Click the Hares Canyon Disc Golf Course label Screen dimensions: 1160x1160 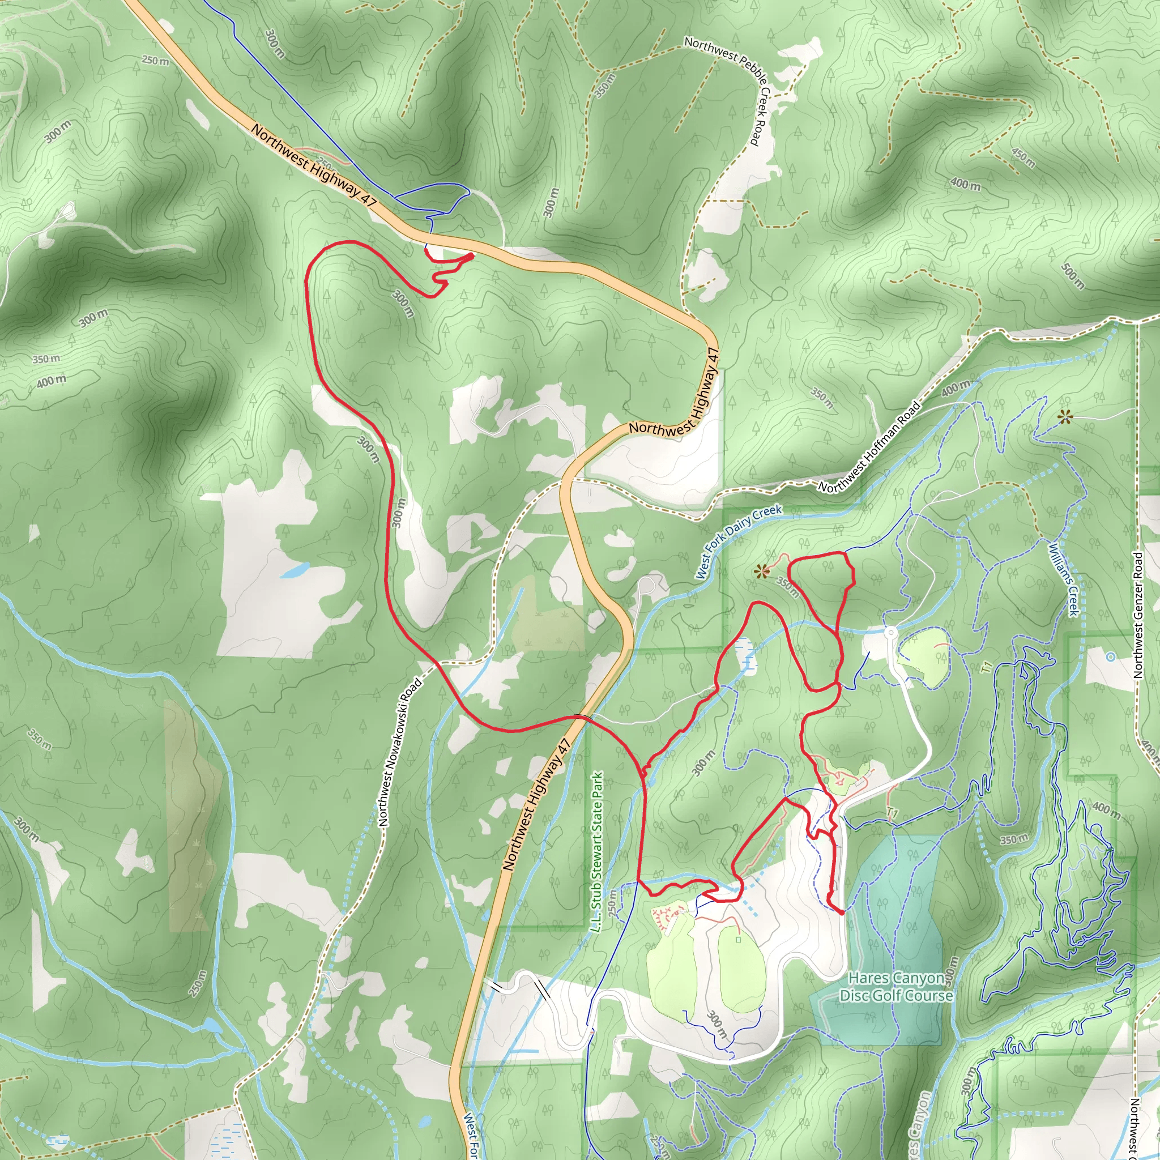click(x=896, y=987)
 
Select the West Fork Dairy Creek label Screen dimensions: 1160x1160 click(x=739, y=541)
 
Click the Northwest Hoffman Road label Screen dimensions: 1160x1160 click(x=869, y=447)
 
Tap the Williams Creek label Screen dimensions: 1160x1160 click(x=1063, y=579)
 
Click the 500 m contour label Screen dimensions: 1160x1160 click(x=1072, y=277)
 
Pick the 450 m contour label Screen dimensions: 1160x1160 click(x=1023, y=158)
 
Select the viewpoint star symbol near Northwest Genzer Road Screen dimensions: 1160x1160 click(x=1065, y=417)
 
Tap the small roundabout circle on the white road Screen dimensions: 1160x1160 click(x=890, y=632)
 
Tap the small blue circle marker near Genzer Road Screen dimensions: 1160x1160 click(x=1110, y=657)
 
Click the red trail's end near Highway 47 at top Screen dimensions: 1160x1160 click(x=472, y=257)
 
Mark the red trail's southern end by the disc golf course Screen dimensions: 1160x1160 click(x=841, y=912)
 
